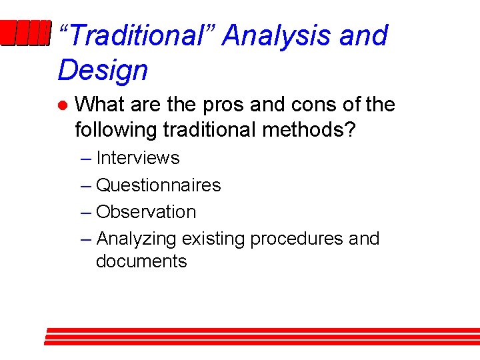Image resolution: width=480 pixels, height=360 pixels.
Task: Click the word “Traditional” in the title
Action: (x=136, y=35)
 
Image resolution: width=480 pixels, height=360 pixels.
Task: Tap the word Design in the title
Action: (x=103, y=70)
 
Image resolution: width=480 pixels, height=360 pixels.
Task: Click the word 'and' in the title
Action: (x=363, y=35)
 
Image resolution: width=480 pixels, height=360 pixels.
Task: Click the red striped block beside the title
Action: (x=25, y=34)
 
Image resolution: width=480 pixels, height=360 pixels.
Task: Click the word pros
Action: (x=230, y=105)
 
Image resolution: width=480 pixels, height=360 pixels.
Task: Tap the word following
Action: (x=116, y=129)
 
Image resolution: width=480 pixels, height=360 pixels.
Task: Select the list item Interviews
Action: (x=138, y=158)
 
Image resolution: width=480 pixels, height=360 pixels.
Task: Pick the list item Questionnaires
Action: (x=158, y=185)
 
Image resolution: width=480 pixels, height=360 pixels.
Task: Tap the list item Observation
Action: (x=146, y=212)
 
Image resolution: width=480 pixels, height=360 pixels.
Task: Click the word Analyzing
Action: (x=137, y=239)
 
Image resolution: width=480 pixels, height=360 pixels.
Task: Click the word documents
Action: (x=141, y=261)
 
